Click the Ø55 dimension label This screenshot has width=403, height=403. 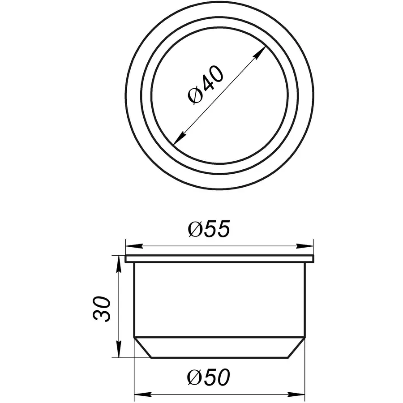[209, 230]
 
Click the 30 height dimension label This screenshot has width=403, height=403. [102, 309]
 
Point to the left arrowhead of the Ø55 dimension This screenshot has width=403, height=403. [130, 246]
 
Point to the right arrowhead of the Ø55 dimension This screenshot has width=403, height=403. [308, 246]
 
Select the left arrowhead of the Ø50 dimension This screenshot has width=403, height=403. [140, 394]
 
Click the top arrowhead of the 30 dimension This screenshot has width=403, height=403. [119, 261]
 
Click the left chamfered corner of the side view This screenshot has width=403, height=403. [143, 347]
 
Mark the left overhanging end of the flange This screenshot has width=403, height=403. [127, 259]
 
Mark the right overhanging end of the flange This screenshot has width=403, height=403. [312, 259]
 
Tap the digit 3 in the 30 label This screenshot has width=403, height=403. [102, 315]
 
